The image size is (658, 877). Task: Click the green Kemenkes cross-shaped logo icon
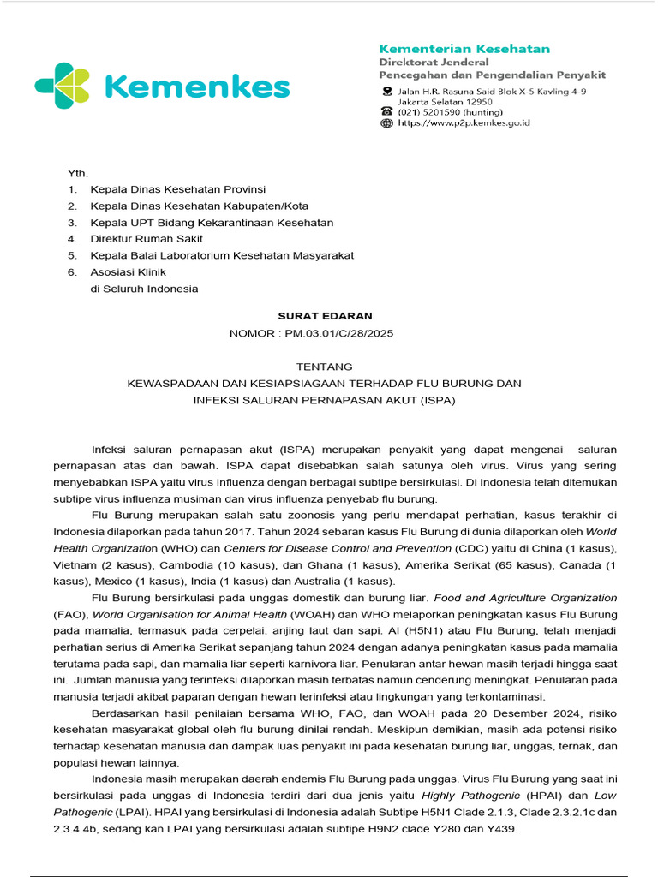62,86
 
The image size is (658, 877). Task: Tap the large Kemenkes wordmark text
196,87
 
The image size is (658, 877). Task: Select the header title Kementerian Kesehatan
464,49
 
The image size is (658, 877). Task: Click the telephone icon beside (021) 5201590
386,111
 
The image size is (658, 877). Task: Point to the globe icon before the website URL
386,123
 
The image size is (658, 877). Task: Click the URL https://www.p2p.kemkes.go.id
464,123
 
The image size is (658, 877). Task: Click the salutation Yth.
78,173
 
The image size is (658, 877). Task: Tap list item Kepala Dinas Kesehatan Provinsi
177,189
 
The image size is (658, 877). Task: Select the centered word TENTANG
325,367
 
